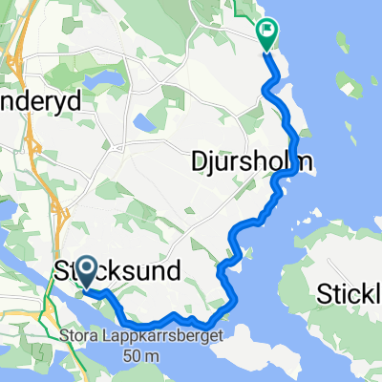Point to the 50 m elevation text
click(x=135, y=355)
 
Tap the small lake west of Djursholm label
click(x=145, y=121)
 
